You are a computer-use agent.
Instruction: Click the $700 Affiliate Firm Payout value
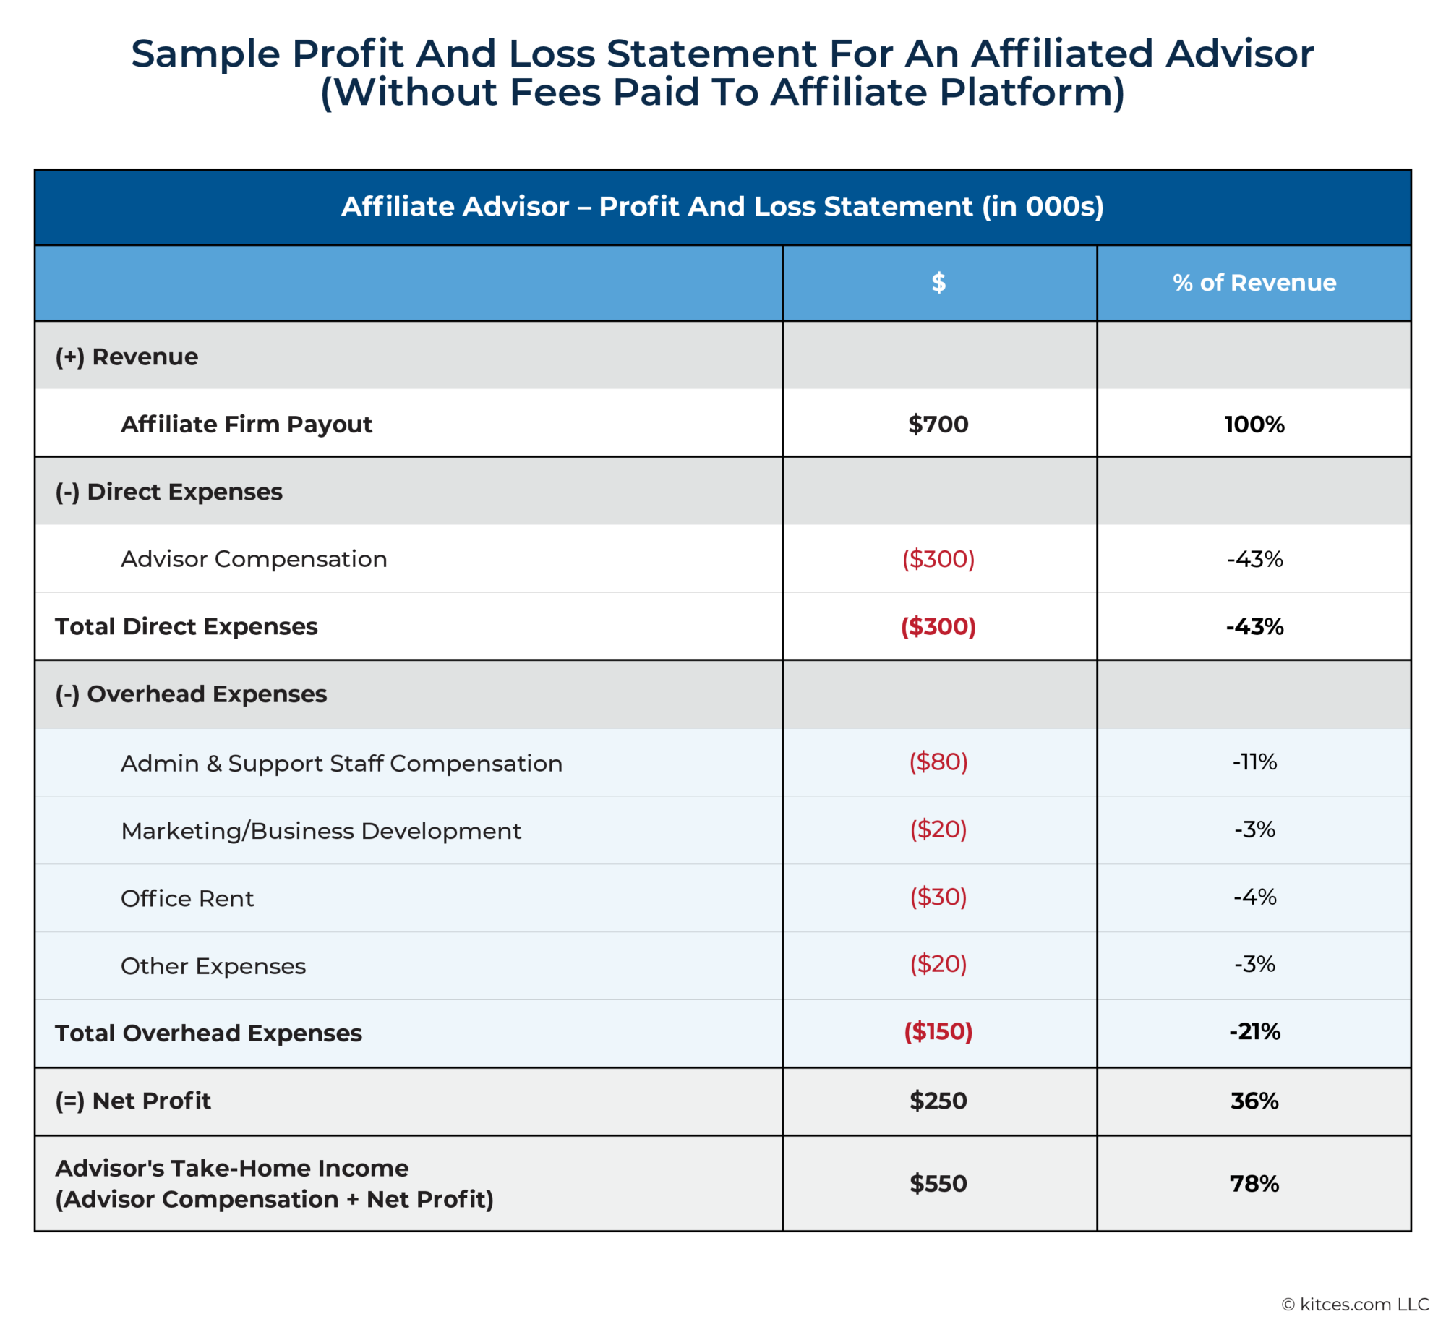click(938, 424)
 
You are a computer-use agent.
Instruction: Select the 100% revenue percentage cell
click(1254, 424)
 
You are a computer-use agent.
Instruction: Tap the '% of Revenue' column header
click(1254, 282)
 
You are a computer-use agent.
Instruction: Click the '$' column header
click(938, 282)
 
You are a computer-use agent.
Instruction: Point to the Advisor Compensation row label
click(254, 559)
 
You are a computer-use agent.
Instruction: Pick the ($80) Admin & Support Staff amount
click(938, 762)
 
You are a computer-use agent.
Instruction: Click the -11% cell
click(1254, 762)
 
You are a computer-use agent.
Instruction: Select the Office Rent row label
click(187, 898)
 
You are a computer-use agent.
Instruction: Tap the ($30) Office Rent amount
click(938, 897)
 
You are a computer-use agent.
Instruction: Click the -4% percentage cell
click(1254, 897)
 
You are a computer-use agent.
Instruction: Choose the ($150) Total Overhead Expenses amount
click(938, 1031)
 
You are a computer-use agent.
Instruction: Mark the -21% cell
click(1254, 1031)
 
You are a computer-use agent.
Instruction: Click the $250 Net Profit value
click(938, 1101)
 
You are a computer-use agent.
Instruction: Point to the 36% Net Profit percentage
click(1254, 1101)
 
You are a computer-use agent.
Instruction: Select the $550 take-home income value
click(938, 1183)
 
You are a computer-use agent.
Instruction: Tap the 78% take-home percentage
click(1254, 1183)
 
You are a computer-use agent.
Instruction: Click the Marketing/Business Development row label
click(320, 831)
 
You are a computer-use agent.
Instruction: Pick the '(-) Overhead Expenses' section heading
click(191, 694)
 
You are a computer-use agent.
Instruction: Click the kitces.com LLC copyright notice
click(1355, 1304)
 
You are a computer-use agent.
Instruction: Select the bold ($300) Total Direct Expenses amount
click(938, 626)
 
